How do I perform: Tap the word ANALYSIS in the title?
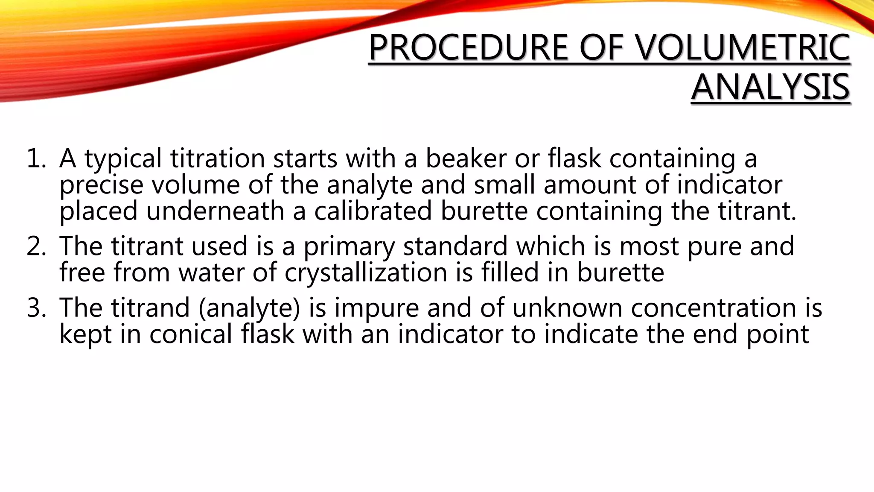tap(770, 87)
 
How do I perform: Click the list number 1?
tap(36, 158)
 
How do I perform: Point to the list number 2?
tap(36, 246)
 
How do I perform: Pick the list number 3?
tap(36, 308)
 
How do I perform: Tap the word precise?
tap(101, 186)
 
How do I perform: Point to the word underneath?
tap(215, 211)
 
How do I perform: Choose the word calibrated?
tap(373, 211)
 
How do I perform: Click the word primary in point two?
tap(349, 247)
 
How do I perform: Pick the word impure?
tap(376, 309)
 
